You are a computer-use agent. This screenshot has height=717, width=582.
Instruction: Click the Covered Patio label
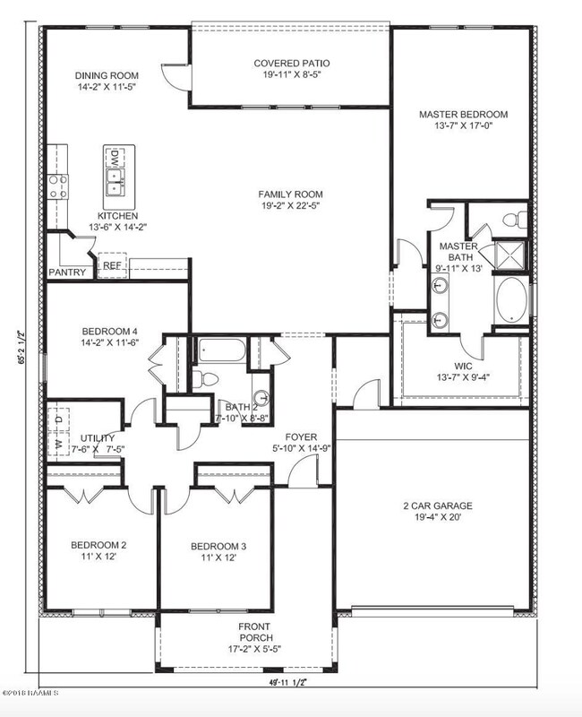coord(291,63)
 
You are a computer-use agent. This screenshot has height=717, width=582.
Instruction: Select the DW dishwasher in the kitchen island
coord(115,159)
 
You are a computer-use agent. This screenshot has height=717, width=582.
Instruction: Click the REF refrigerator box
coord(111,265)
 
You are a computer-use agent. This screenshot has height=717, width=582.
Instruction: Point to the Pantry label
coord(68,272)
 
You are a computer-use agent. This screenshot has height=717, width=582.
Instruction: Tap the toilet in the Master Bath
coord(513,218)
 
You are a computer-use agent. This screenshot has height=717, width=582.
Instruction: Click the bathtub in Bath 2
coord(219,350)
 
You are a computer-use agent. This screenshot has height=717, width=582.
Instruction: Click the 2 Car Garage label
coord(437,505)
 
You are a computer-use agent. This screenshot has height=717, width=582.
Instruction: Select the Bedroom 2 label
coord(98,544)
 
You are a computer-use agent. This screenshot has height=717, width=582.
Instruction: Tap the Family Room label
coord(291,194)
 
